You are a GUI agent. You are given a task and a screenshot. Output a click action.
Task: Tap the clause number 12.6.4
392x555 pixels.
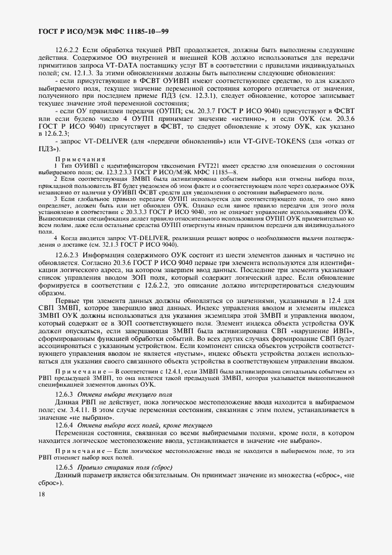pos(63,426)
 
